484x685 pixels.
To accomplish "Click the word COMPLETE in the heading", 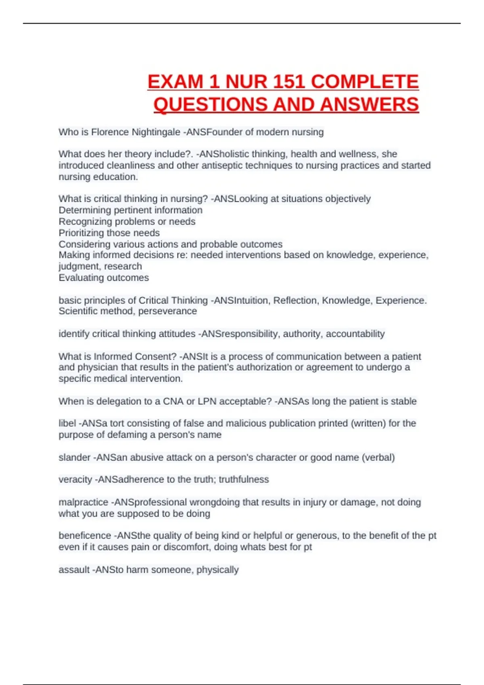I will (365, 82).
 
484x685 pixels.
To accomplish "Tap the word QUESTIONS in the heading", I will (211, 105).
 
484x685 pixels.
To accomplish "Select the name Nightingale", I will (156, 132).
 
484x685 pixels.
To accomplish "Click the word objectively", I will (348, 199).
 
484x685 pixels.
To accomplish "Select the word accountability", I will (355, 334).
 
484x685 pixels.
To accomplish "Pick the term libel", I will (67, 423).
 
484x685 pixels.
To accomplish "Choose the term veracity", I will (75, 479).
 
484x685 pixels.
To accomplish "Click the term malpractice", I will (83, 502).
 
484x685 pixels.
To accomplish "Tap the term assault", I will (74, 570).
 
